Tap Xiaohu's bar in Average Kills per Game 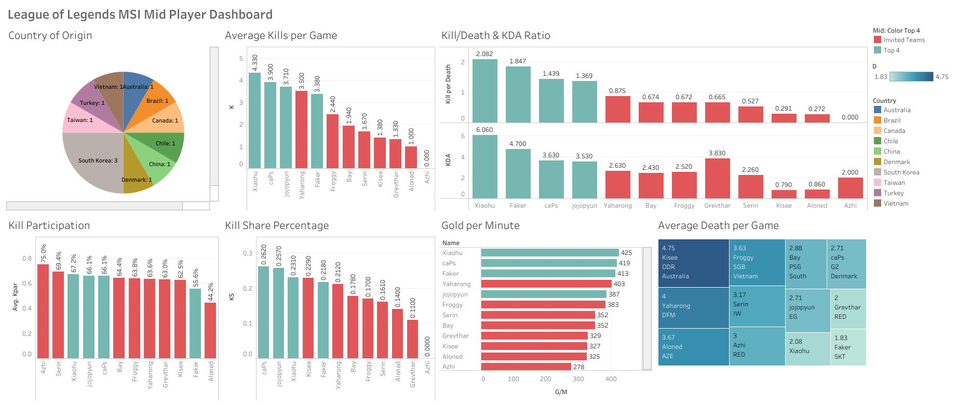pos(254,120)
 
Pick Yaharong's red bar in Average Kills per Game pos(301,129)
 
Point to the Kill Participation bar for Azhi pos(43,312)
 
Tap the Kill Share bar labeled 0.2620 pos(264,312)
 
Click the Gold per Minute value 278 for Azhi pos(578,367)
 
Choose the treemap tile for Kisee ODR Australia pos(693,263)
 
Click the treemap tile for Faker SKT pos(848,348)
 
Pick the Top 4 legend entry pos(891,50)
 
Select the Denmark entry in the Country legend pos(896,162)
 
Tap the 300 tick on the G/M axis pos(578,379)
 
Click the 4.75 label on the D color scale pos(942,77)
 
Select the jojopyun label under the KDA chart pos(584,206)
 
